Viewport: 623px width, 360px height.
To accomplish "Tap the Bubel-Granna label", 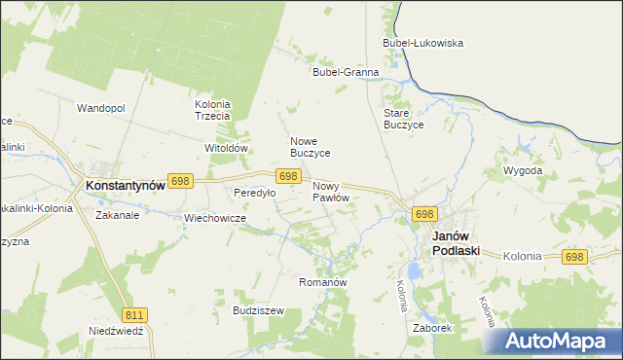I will [345, 72].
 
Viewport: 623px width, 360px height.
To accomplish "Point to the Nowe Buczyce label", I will [311, 147].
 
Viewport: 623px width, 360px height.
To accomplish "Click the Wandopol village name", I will [101, 108].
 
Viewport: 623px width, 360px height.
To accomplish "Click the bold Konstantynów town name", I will [123, 184].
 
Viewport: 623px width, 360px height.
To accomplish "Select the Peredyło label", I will [254, 193].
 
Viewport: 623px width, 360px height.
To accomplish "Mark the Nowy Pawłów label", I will [331, 192].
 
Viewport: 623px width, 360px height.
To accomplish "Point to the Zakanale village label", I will [117, 216].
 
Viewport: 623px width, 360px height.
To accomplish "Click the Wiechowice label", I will [214, 218].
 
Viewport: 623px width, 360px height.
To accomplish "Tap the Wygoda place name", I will [522, 170].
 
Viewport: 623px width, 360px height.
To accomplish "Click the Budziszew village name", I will [258, 310].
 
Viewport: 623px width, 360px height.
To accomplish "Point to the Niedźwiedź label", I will [115, 330].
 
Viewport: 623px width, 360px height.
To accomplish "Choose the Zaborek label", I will [432, 328].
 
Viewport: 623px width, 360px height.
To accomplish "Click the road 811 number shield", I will [135, 314].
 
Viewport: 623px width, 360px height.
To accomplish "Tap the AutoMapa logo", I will [555, 341].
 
